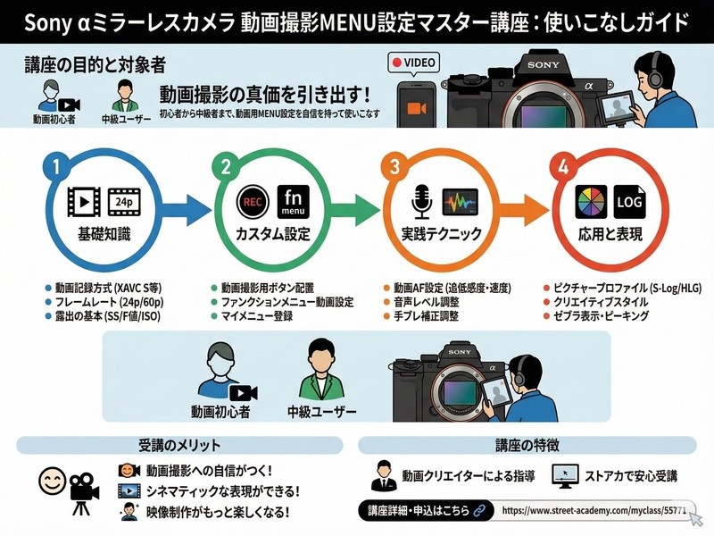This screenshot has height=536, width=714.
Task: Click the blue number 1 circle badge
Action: pos(56,166)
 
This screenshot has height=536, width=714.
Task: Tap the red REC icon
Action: pos(253,201)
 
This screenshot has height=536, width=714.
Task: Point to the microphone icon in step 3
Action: pos(419,201)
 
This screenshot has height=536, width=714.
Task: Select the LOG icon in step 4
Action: pos(627,202)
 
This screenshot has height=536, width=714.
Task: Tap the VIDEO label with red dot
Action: pos(414,63)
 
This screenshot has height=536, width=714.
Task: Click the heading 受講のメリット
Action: pos(179,444)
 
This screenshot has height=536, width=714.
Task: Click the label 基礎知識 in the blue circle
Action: pos(105,234)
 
